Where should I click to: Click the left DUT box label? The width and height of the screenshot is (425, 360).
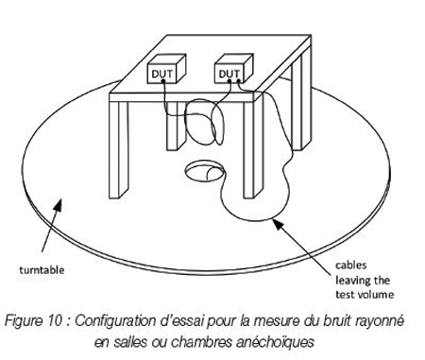coord(161,74)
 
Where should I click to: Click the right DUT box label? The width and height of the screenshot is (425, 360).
coord(229,74)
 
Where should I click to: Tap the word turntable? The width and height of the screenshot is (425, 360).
coord(42,270)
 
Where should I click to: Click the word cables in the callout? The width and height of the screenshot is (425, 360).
coord(351,266)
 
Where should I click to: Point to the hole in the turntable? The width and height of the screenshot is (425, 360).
coord(205,171)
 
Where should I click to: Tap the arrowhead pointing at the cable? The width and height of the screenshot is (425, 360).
coord(278,224)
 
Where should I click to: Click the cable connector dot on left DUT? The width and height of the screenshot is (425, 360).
coord(163,81)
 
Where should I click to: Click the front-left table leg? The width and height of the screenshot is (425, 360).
coord(119,149)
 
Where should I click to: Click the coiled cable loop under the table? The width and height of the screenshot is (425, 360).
coord(203,122)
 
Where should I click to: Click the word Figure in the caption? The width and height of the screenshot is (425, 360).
coord(25,321)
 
